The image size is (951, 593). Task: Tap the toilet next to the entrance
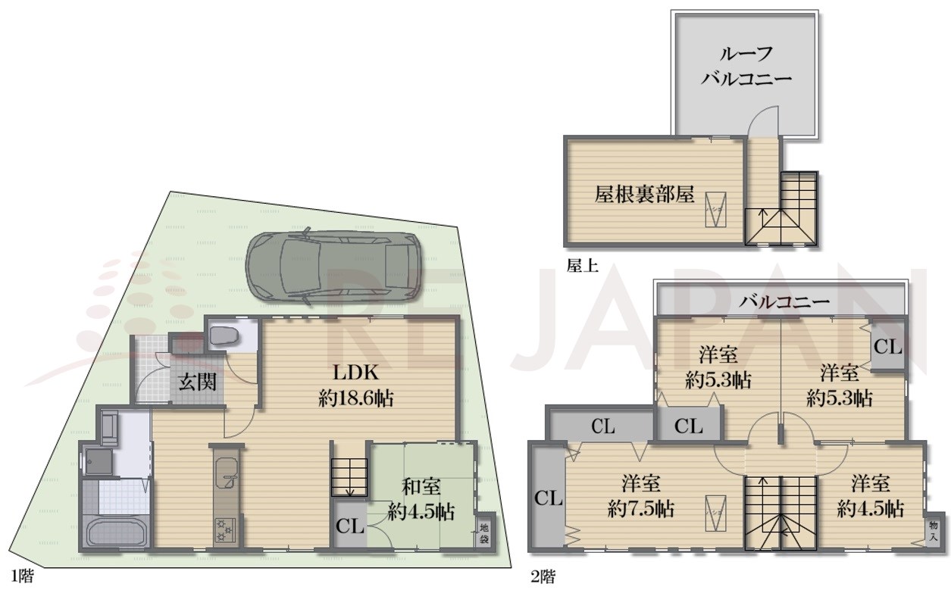click(x=223, y=335)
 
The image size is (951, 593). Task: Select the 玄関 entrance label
click(x=198, y=381)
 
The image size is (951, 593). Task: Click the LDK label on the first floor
click(x=355, y=373)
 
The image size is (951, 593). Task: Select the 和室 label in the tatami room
click(x=421, y=485)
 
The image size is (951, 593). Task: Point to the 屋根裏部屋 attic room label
click(x=644, y=195)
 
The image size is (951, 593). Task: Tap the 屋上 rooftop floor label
click(x=583, y=265)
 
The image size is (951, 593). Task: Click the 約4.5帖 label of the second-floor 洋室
click(x=870, y=507)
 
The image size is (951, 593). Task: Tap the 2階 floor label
click(x=543, y=577)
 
